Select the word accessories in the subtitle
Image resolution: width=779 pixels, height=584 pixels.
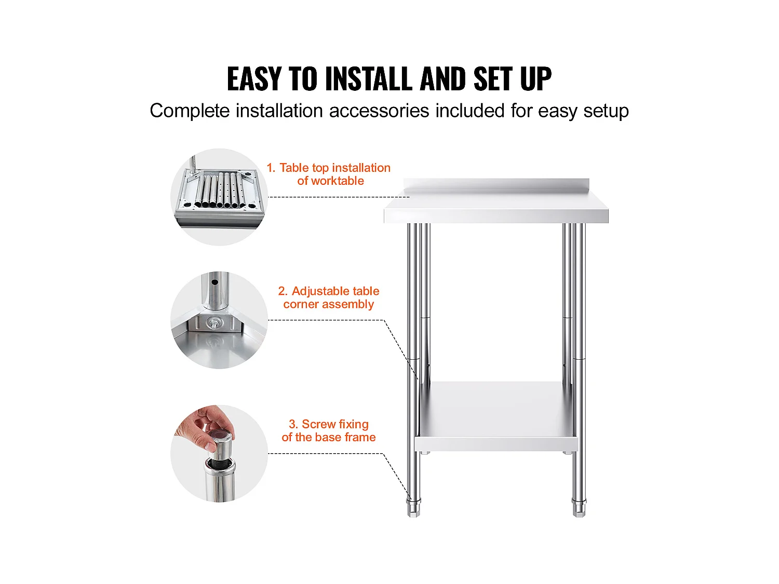point(379,111)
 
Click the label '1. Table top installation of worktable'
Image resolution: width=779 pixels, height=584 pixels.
point(329,174)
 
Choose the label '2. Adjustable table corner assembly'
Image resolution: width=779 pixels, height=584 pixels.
point(329,297)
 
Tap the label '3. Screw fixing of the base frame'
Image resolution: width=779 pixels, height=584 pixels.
point(329,430)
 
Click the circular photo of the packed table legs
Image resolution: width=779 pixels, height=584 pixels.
point(219,197)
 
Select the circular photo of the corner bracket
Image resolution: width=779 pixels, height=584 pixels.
point(219,320)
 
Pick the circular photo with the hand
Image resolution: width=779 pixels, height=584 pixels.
point(219,454)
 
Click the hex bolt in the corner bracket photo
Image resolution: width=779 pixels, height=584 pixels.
point(214,323)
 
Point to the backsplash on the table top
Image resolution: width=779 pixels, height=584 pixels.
point(496,184)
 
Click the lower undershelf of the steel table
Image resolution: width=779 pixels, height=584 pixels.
point(496,416)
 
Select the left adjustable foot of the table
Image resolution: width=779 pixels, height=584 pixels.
point(413,508)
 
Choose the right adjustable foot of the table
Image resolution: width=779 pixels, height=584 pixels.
point(579,508)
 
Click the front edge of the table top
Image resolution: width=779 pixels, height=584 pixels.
point(496,216)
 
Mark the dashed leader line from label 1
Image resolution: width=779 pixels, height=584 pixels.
point(339,197)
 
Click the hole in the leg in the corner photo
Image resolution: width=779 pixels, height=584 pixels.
point(214,283)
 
